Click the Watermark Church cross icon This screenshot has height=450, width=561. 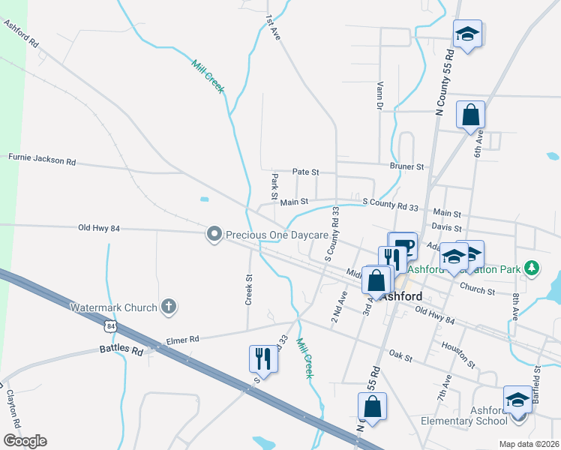(x=169, y=307)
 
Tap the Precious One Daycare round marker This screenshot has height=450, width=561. (x=214, y=235)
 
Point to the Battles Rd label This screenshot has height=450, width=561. (x=121, y=350)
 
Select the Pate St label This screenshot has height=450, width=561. (x=305, y=172)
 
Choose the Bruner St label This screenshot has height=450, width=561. (x=406, y=166)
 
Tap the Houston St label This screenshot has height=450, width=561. (x=458, y=354)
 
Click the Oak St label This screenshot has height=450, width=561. (x=401, y=358)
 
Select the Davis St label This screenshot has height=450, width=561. (x=446, y=227)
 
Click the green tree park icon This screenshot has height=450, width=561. (x=532, y=267)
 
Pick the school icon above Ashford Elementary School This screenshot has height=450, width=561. (x=517, y=400)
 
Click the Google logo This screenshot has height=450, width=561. (x=24, y=441)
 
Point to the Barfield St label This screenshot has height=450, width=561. (x=537, y=380)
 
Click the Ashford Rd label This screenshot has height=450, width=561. (x=21, y=34)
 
